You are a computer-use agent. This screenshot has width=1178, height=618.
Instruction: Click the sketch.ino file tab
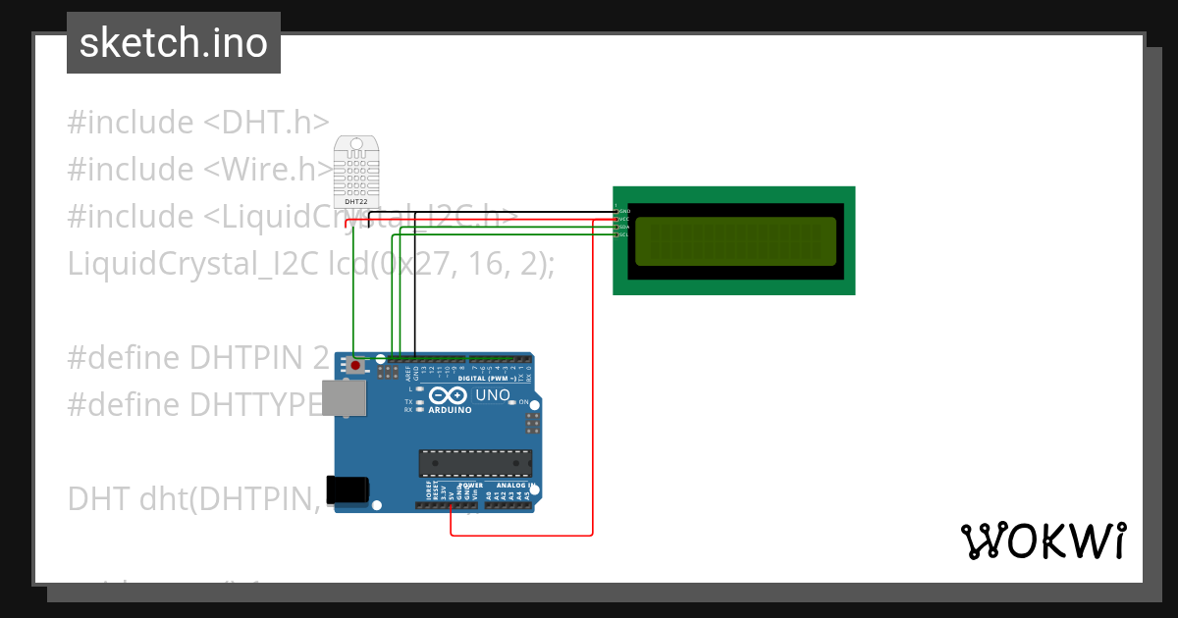(174, 43)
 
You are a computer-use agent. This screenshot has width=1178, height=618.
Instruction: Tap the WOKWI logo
(1043, 541)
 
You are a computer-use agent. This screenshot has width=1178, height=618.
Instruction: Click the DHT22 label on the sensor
(355, 201)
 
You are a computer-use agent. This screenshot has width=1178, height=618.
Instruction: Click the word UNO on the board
(493, 395)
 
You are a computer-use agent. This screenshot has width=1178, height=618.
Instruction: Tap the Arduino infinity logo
(449, 395)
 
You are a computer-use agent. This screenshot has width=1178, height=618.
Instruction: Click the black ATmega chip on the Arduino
(475, 463)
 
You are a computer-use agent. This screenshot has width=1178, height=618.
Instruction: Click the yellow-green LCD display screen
(735, 241)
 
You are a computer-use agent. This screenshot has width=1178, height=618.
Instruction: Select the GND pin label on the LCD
(622, 211)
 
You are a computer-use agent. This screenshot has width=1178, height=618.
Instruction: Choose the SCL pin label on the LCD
(622, 234)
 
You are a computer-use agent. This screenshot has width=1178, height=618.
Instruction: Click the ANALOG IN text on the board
(514, 486)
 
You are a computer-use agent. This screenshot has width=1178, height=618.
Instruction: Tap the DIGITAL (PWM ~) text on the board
(487, 378)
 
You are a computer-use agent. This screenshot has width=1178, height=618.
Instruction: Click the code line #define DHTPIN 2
(197, 357)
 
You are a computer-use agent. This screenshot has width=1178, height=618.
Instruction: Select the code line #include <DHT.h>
(197, 123)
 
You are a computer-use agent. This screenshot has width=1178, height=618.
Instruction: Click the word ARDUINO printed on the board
(450, 410)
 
